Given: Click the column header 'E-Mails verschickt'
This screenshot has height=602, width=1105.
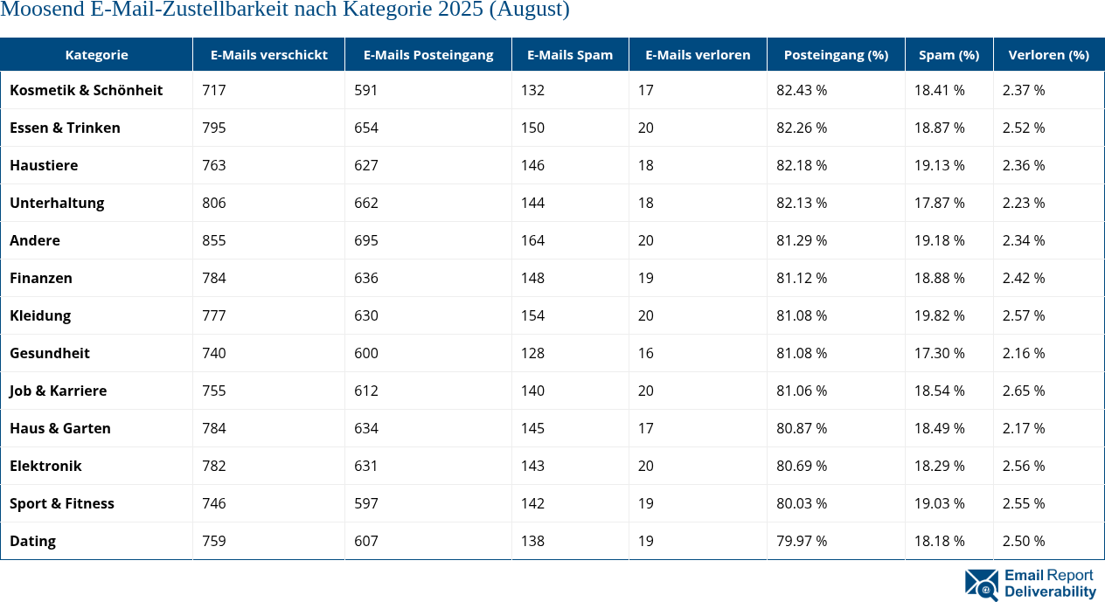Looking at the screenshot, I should pos(268,54).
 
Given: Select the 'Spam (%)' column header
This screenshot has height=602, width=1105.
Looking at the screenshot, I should pos(949,54).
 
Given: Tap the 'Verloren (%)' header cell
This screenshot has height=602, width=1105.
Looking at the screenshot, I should pos(1048,54).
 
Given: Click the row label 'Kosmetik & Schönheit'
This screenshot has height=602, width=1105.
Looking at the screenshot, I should pos(86,90).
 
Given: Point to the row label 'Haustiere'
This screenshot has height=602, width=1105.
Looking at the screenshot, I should pos(44,165).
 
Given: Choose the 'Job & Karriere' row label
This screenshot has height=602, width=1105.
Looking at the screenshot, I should pos(58,391).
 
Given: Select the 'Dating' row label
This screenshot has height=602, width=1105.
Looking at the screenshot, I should pos(32,541).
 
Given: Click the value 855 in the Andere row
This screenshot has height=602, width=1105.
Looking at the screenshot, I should pos(213,240).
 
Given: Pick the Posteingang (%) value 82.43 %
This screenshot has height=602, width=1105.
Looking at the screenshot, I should pos(802,90).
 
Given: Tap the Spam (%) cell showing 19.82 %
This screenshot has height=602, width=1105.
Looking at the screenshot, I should pos(940,315).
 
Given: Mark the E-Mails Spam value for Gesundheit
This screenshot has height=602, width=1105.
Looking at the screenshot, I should pos(532,353).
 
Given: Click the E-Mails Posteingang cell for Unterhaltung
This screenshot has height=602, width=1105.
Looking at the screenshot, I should pos(366,203).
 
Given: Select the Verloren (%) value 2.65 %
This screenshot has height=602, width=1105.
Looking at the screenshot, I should pos(1024,391).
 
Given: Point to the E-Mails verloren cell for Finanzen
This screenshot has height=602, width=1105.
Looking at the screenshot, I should pos(646,278).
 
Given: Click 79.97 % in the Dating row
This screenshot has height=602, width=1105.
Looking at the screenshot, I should pos(802,541).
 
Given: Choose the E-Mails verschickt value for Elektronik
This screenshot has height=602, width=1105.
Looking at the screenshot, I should pos(213,466).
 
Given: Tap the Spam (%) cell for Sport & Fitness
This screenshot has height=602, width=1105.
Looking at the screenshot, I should pos(940,503).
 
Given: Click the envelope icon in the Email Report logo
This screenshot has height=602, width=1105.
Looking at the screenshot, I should pos(981,585).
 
